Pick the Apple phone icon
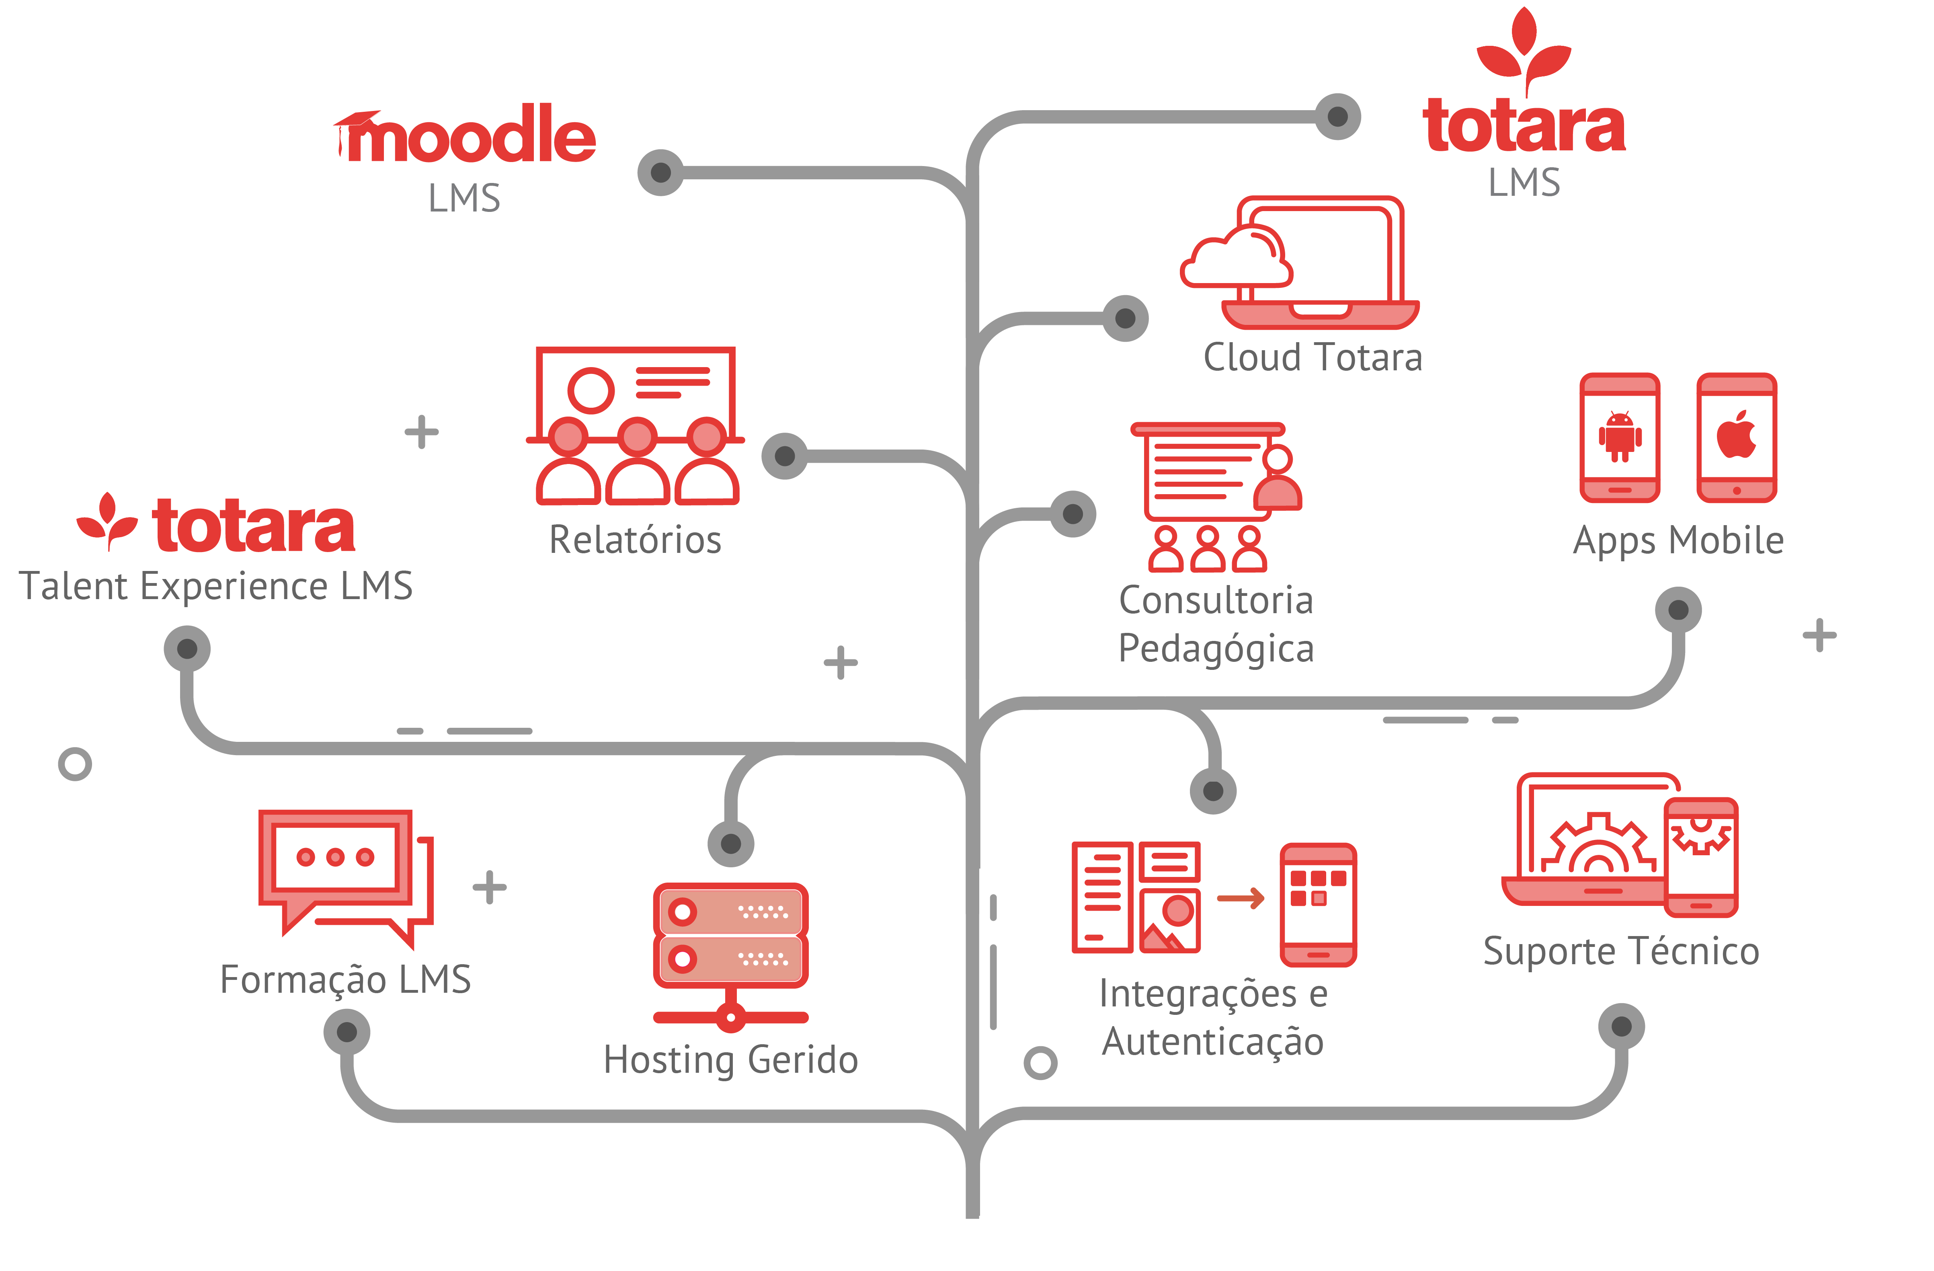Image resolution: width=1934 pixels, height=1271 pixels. pyautogui.click(x=1737, y=437)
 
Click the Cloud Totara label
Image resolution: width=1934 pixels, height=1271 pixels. pyautogui.click(x=1313, y=357)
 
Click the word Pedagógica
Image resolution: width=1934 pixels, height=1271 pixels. pyautogui.click(x=1216, y=649)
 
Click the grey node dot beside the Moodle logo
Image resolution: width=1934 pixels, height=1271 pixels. pyautogui.click(x=660, y=172)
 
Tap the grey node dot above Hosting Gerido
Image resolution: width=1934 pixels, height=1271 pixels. pyautogui.click(x=730, y=844)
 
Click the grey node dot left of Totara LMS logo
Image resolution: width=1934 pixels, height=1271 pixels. pyautogui.click(x=1337, y=116)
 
